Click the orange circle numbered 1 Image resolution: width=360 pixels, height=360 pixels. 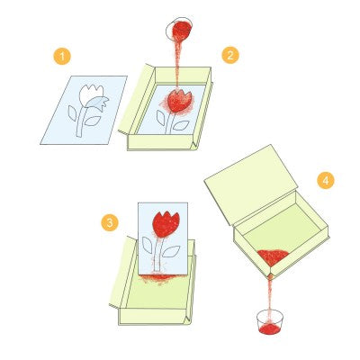tap(62, 56)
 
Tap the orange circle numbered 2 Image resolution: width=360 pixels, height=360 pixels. tap(230, 55)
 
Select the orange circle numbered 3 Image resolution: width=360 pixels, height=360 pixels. tap(110, 222)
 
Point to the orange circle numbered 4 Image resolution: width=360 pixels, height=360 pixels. tap(326, 180)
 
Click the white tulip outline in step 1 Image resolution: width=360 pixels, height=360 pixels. tap(91, 95)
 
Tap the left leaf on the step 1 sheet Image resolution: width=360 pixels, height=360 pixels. tap(72, 113)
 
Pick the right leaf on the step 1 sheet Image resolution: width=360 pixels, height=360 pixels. tap(92, 121)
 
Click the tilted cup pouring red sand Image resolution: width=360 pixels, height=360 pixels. tap(179, 30)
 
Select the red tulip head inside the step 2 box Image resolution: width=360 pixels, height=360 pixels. tap(179, 101)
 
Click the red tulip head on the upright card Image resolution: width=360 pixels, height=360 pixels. tap(166, 224)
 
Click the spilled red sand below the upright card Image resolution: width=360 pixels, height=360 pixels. tap(159, 278)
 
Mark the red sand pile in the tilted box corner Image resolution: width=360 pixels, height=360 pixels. tap(273, 256)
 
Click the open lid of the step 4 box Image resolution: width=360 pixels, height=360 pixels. tap(251, 184)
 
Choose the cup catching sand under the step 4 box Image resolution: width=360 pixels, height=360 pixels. tap(270, 322)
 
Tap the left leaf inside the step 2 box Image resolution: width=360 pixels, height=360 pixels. tap(160, 118)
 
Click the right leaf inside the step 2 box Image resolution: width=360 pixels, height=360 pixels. tap(181, 126)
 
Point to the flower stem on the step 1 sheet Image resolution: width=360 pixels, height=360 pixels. tap(81, 121)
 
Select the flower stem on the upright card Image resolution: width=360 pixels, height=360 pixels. tap(158, 255)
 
